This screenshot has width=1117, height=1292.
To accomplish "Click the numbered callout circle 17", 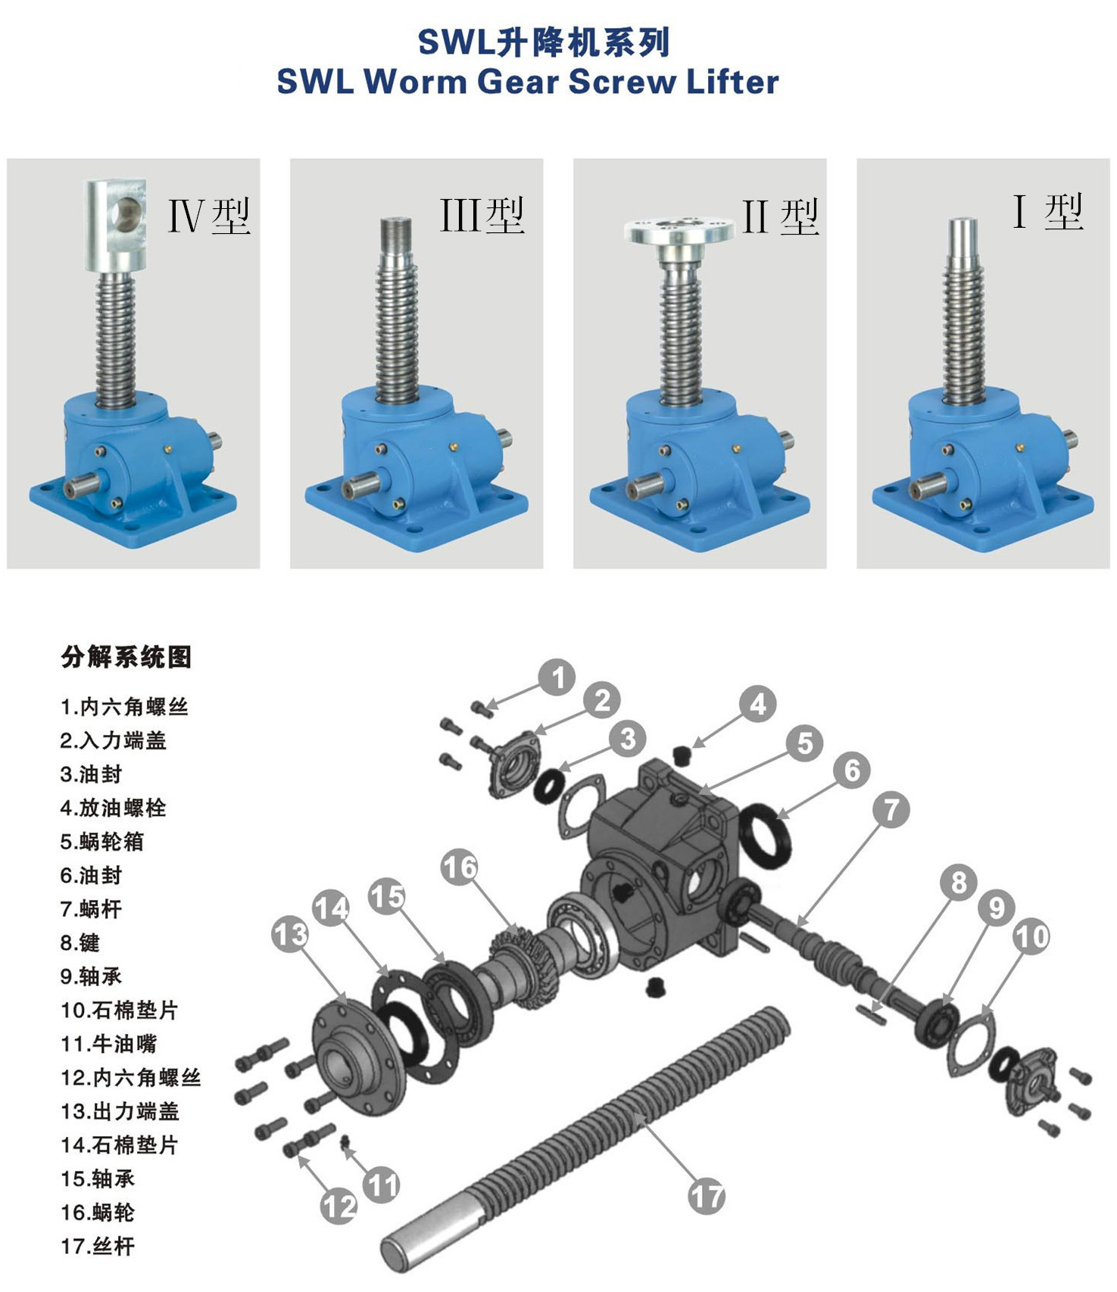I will (x=706, y=1197).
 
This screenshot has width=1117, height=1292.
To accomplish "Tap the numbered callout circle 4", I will (x=757, y=704).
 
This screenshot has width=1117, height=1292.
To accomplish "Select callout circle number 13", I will (x=291, y=935).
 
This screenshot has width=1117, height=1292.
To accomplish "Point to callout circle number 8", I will (x=959, y=882).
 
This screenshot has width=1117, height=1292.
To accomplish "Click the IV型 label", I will (x=209, y=216).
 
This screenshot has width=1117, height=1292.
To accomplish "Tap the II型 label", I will (x=780, y=217).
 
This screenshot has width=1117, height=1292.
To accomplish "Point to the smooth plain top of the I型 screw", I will (x=963, y=235).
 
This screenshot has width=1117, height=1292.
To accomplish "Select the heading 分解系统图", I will (x=126, y=657).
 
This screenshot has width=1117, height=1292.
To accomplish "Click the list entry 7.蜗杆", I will (x=91, y=909).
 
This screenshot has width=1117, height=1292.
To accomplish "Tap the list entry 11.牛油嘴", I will (x=108, y=1044).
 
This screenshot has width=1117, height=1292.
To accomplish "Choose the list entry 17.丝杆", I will (x=98, y=1246).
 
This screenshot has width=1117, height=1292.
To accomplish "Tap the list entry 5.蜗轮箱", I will (x=101, y=842).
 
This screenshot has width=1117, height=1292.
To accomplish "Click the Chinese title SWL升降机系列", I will (x=544, y=42).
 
